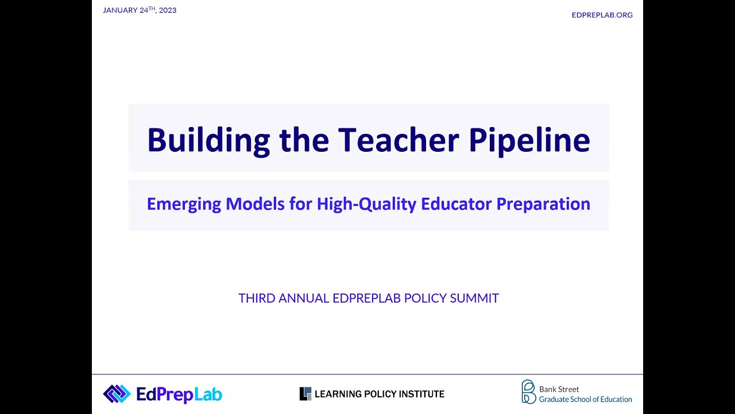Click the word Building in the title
click(208, 140)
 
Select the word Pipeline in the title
click(529, 140)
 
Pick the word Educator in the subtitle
click(456, 204)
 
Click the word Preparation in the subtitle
click(543, 204)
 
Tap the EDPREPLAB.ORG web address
click(602, 15)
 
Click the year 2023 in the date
click(168, 10)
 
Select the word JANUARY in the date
click(120, 10)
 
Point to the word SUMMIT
click(474, 298)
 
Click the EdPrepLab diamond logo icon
click(117, 394)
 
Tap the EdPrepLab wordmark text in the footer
click(179, 394)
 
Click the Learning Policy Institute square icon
click(305, 394)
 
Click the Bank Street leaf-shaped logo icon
click(528, 392)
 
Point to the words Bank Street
click(559, 389)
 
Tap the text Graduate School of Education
click(585, 399)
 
